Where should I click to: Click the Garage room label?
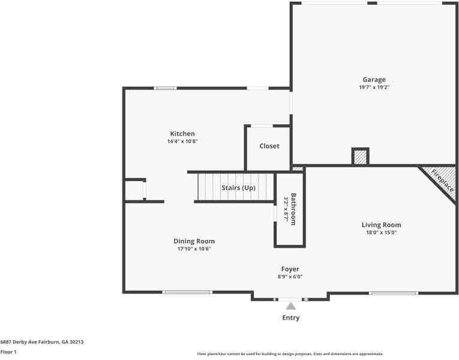click(x=374, y=79)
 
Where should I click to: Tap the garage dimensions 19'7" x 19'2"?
click(x=374, y=88)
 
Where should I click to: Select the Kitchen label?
click(x=182, y=133)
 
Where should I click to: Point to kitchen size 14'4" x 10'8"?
click(x=182, y=142)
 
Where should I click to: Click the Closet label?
click(x=269, y=146)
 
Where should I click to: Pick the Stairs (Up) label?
click(x=238, y=188)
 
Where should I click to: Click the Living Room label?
click(x=381, y=224)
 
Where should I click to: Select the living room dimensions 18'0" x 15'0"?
click(x=381, y=233)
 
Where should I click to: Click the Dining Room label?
click(x=194, y=241)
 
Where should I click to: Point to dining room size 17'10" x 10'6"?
click(x=194, y=249)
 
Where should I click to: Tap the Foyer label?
click(x=290, y=269)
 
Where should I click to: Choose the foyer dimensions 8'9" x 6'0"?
click(x=290, y=277)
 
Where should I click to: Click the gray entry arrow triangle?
click(x=290, y=306)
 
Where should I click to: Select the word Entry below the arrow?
click(x=290, y=318)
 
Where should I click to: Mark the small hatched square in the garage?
click(x=360, y=157)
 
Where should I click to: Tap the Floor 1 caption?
click(x=8, y=352)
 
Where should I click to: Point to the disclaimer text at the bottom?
click(x=290, y=354)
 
